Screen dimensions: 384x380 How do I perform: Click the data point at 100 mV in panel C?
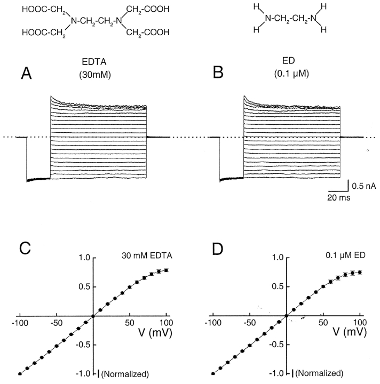tap(167, 270)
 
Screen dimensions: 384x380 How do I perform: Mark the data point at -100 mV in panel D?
tap(213, 374)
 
